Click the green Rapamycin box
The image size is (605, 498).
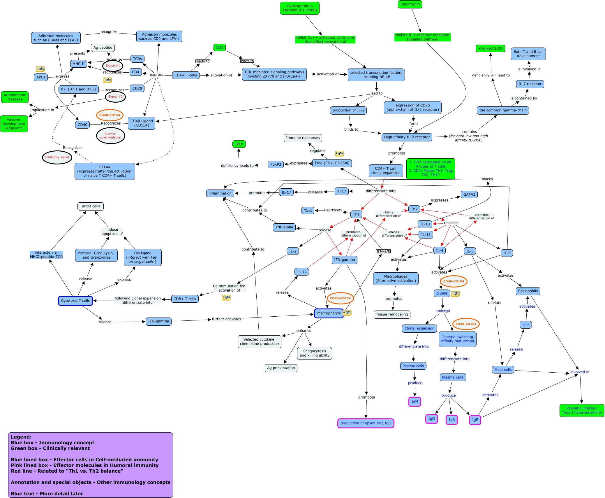coord(410,4)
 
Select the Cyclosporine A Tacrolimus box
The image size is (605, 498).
coord(299,8)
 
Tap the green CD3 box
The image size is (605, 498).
coord(219,48)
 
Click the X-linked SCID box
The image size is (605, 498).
coord(491,48)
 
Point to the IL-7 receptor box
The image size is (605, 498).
coord(530,84)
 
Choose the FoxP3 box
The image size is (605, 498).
coord(276,164)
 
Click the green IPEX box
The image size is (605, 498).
coord(239,144)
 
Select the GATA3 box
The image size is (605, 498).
coord(469,194)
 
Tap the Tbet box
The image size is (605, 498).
coord(308,211)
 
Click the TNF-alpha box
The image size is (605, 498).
coord(284,227)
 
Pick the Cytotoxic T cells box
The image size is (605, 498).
coord(75,301)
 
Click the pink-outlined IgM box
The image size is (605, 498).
coord(414,401)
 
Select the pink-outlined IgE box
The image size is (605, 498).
coord(475,420)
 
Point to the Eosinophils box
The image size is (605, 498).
coord(528,291)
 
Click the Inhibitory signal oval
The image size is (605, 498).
coord(57,157)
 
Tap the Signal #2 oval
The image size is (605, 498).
coord(115,97)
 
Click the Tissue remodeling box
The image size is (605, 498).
coord(392,314)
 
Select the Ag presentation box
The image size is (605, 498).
coord(281,368)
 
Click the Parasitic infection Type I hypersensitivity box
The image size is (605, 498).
coord(581,410)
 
